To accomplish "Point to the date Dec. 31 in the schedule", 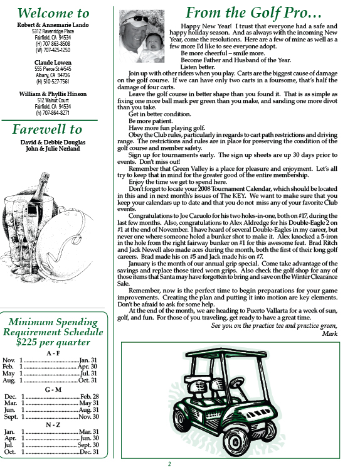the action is click(89, 452).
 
